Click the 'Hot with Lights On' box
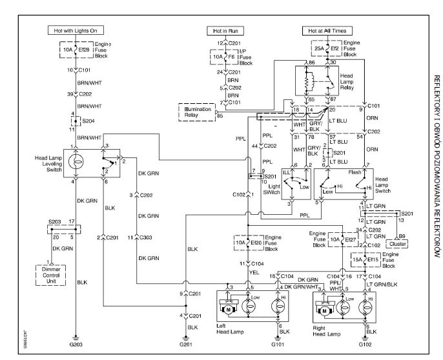tap(74, 30)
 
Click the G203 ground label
tap(75, 344)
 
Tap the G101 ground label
tap(279, 344)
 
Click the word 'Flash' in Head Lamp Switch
tap(354, 173)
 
